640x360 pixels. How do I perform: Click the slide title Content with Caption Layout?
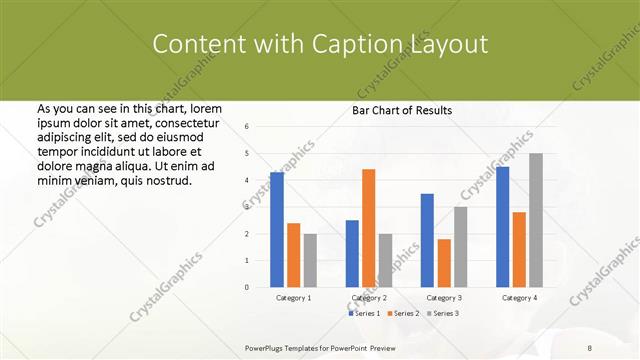point(320,44)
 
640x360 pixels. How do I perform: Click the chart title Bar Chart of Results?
point(402,110)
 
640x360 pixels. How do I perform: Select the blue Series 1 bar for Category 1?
point(277,229)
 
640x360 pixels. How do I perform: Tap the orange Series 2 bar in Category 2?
point(369,227)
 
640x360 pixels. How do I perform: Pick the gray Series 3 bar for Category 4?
point(536,220)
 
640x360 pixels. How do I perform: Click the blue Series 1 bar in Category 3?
point(427,240)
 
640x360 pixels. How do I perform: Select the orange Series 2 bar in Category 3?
point(444,263)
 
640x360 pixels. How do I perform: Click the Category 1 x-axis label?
point(293,298)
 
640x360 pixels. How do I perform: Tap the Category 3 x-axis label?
point(444,298)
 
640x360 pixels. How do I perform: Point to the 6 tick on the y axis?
point(247,127)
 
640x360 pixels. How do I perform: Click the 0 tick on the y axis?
point(247,287)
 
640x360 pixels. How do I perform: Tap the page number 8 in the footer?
point(590,345)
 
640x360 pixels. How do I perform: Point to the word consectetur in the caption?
point(185,121)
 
